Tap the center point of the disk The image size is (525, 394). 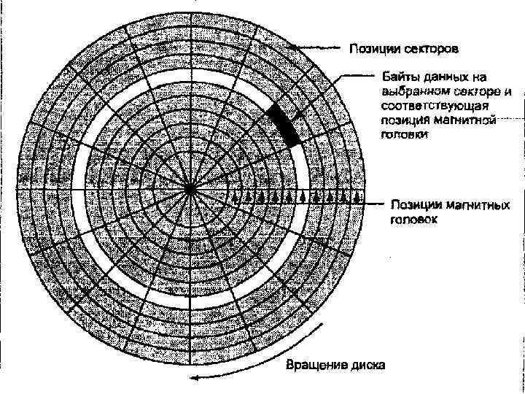pyautogui.click(x=190, y=190)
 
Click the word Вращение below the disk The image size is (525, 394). pyautogui.click(x=311, y=364)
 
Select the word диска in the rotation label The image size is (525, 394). pyautogui.click(x=367, y=364)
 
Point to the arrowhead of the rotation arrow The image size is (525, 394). pyautogui.click(x=193, y=377)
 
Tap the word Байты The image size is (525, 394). pyautogui.click(x=400, y=76)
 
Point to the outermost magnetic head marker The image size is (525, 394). pyautogui.click(x=357, y=197)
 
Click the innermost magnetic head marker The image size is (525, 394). pyautogui.click(x=238, y=197)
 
